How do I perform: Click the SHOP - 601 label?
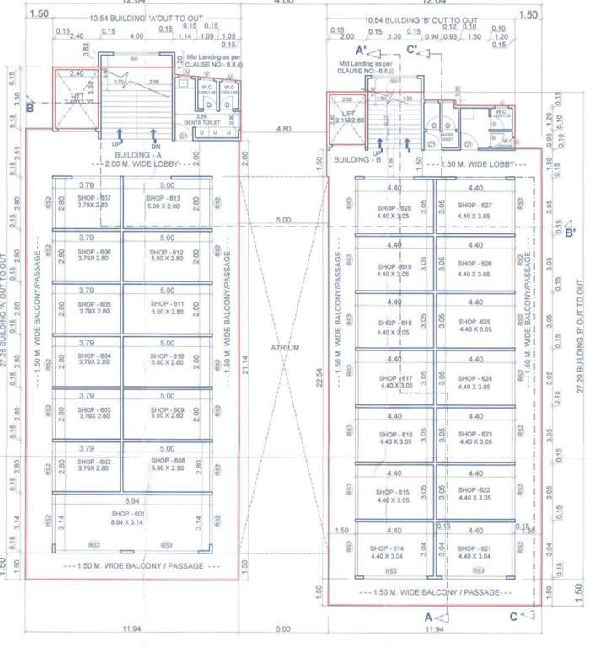pyautogui.click(x=128, y=514)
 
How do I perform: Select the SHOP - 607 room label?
pyautogui.click(x=94, y=198)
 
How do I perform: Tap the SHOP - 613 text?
pyautogui.click(x=166, y=198)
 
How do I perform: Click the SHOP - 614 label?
pyautogui.click(x=388, y=548)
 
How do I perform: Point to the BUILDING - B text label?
pyautogui.click(x=359, y=159)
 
